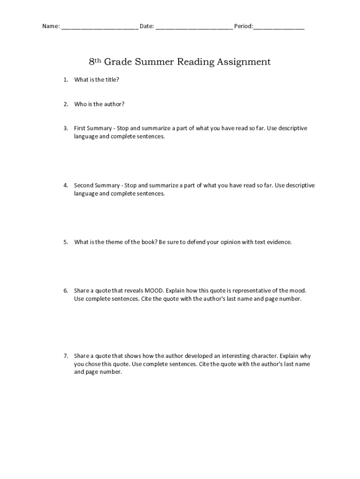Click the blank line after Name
tap(99, 27)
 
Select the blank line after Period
tap(279, 27)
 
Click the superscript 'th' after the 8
tap(98, 60)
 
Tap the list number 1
tap(66, 80)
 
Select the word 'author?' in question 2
tap(114, 104)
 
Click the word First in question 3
tap(80, 128)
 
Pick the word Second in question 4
tap(85, 185)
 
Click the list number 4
tap(66, 185)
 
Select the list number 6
tap(66, 290)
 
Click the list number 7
tap(66, 356)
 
